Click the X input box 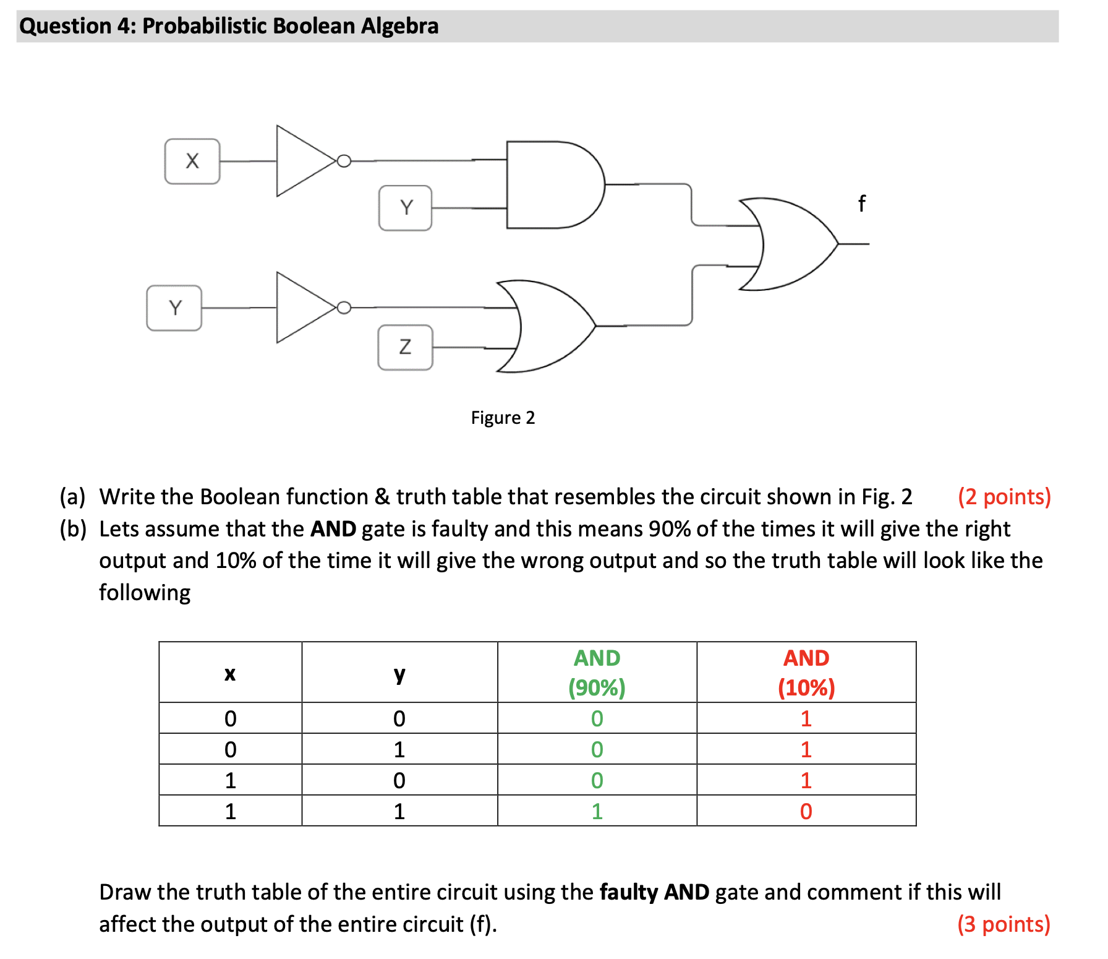pyautogui.click(x=192, y=161)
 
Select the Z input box pyautogui.click(x=405, y=347)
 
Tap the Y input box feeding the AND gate pyautogui.click(x=406, y=208)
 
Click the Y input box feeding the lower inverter pyautogui.click(x=174, y=308)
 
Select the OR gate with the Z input pyautogui.click(x=547, y=326)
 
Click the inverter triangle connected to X pyautogui.click(x=303, y=161)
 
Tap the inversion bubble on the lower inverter pyautogui.click(x=344, y=307)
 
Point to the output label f pyautogui.click(x=861, y=203)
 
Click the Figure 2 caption pyautogui.click(x=503, y=418)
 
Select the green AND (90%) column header pyautogui.click(x=597, y=673)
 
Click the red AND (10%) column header pyautogui.click(x=806, y=673)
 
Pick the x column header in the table pyautogui.click(x=230, y=673)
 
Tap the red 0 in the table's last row pyautogui.click(x=806, y=811)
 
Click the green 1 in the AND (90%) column pyautogui.click(x=597, y=811)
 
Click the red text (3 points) pyautogui.click(x=1004, y=924)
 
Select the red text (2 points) pyautogui.click(x=1004, y=497)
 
